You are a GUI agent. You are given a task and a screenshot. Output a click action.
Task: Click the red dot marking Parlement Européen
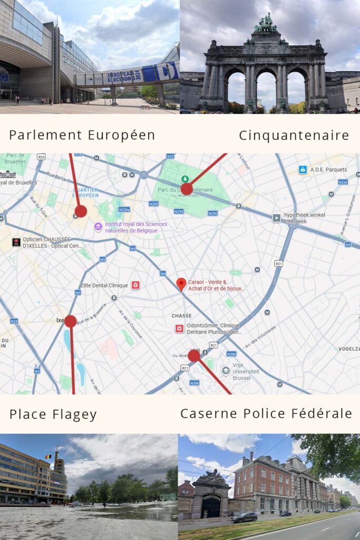point(81,211)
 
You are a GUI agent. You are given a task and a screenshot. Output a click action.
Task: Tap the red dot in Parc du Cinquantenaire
point(187,189)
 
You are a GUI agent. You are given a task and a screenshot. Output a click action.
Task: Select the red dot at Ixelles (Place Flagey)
point(71,321)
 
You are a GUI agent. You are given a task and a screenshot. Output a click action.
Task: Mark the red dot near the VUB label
point(194,355)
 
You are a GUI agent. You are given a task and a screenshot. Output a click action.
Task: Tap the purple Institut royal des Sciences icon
point(98,227)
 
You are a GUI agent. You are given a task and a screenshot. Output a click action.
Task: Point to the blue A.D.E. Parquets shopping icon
point(303,170)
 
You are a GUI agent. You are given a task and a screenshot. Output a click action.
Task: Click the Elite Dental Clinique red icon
point(135,285)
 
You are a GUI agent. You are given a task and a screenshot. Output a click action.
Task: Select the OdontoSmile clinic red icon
point(179,329)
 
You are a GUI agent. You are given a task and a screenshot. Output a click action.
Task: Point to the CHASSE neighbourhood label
point(181,316)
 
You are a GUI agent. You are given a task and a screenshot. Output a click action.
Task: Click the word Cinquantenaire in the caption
point(294,136)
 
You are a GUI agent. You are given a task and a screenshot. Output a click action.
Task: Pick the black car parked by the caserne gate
point(244,517)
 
